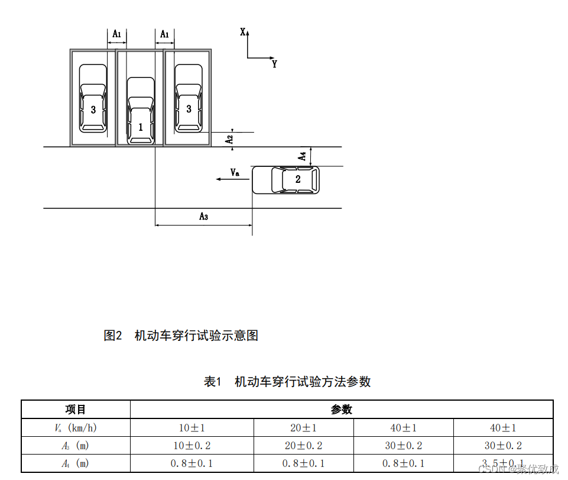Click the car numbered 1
[141, 111]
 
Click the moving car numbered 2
[285, 180]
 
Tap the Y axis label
[274, 64]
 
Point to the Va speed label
[235, 172]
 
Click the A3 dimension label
[203, 217]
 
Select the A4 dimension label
[302, 156]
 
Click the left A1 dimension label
[117, 35]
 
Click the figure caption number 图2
[112, 336]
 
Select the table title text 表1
[212, 382]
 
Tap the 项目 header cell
[76, 410]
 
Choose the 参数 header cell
[341, 410]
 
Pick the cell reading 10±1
[192, 428]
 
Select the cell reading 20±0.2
[304, 446]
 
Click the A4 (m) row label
[76, 463]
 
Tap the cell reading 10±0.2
[192, 446]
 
